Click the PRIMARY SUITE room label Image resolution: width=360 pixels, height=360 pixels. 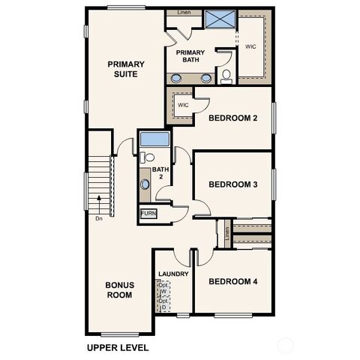pos(125,69)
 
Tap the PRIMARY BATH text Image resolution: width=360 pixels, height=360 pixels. pos(190,57)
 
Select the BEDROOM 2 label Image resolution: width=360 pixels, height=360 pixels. pos(233,118)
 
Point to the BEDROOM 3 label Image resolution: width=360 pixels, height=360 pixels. pos(233,184)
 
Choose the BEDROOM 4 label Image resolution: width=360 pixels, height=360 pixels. pos(233,281)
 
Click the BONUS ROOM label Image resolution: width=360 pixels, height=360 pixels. pos(118,289)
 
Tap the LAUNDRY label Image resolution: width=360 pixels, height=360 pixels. pos(173,274)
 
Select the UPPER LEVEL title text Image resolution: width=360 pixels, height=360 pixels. pos(118,348)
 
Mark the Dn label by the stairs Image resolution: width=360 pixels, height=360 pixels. pos(99,219)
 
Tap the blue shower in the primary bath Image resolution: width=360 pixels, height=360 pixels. pos(220,19)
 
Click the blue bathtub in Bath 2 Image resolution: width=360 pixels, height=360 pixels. pos(155,139)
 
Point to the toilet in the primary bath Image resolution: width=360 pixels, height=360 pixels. pos(226,75)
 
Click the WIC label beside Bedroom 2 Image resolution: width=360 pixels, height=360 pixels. pos(182,105)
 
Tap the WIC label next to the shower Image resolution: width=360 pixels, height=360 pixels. pos(250,46)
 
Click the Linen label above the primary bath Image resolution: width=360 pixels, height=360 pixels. pos(183,13)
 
